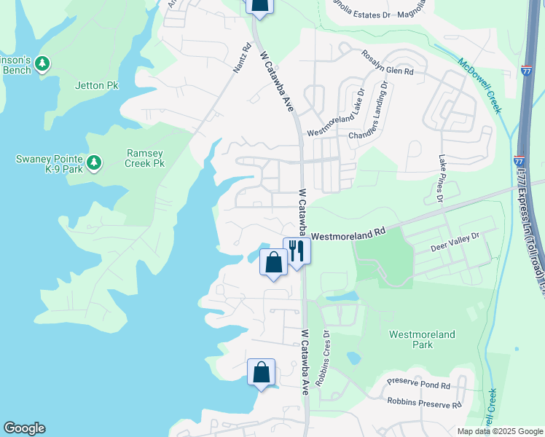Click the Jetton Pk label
point(96,85)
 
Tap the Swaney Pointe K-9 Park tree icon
point(94,163)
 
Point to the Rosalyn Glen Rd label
point(388,63)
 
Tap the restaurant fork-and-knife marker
point(297,251)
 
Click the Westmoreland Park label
point(422,339)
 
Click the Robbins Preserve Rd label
point(425,403)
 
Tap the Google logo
point(24,428)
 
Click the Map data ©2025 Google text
point(499,431)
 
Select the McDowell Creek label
point(480,85)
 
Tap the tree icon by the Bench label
point(42,64)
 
